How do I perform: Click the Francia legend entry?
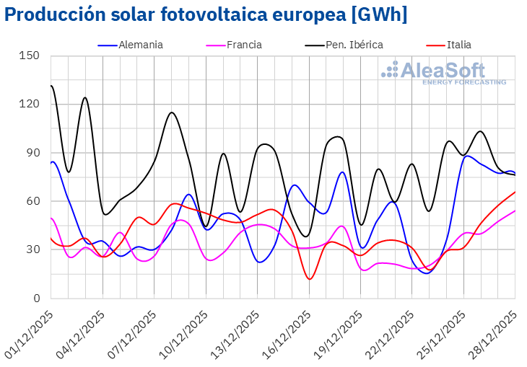[244, 45]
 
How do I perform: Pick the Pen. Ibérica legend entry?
[354, 45]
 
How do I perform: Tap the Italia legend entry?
[458, 45]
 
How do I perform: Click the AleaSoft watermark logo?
[444, 72]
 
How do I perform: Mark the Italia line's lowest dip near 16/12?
[310, 279]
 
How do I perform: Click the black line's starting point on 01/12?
[51, 86]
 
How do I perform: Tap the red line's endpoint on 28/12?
[515, 192]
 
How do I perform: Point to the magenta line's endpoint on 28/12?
[515, 211]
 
